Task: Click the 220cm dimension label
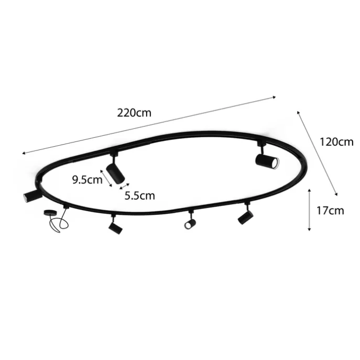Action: tap(134, 113)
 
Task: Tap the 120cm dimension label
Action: tap(336, 142)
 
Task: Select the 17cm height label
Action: tap(330, 211)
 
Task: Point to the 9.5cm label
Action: tap(87, 180)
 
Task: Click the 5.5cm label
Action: tap(140, 195)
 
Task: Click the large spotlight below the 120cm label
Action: tap(267, 162)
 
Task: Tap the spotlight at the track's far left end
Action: tap(33, 196)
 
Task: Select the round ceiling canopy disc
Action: tap(50, 213)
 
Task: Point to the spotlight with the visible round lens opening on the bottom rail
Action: tap(190, 224)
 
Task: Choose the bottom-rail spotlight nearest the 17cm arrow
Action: tap(245, 217)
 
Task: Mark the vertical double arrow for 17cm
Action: tap(309, 210)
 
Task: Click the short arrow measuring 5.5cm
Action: tap(125, 186)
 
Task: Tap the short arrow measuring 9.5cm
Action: tap(106, 178)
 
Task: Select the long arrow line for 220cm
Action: tap(149, 125)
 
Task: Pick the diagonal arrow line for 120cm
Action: tap(318, 153)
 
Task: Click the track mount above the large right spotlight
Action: tap(261, 144)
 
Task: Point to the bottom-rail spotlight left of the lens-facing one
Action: tap(115, 228)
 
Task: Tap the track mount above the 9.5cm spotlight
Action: tap(114, 154)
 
